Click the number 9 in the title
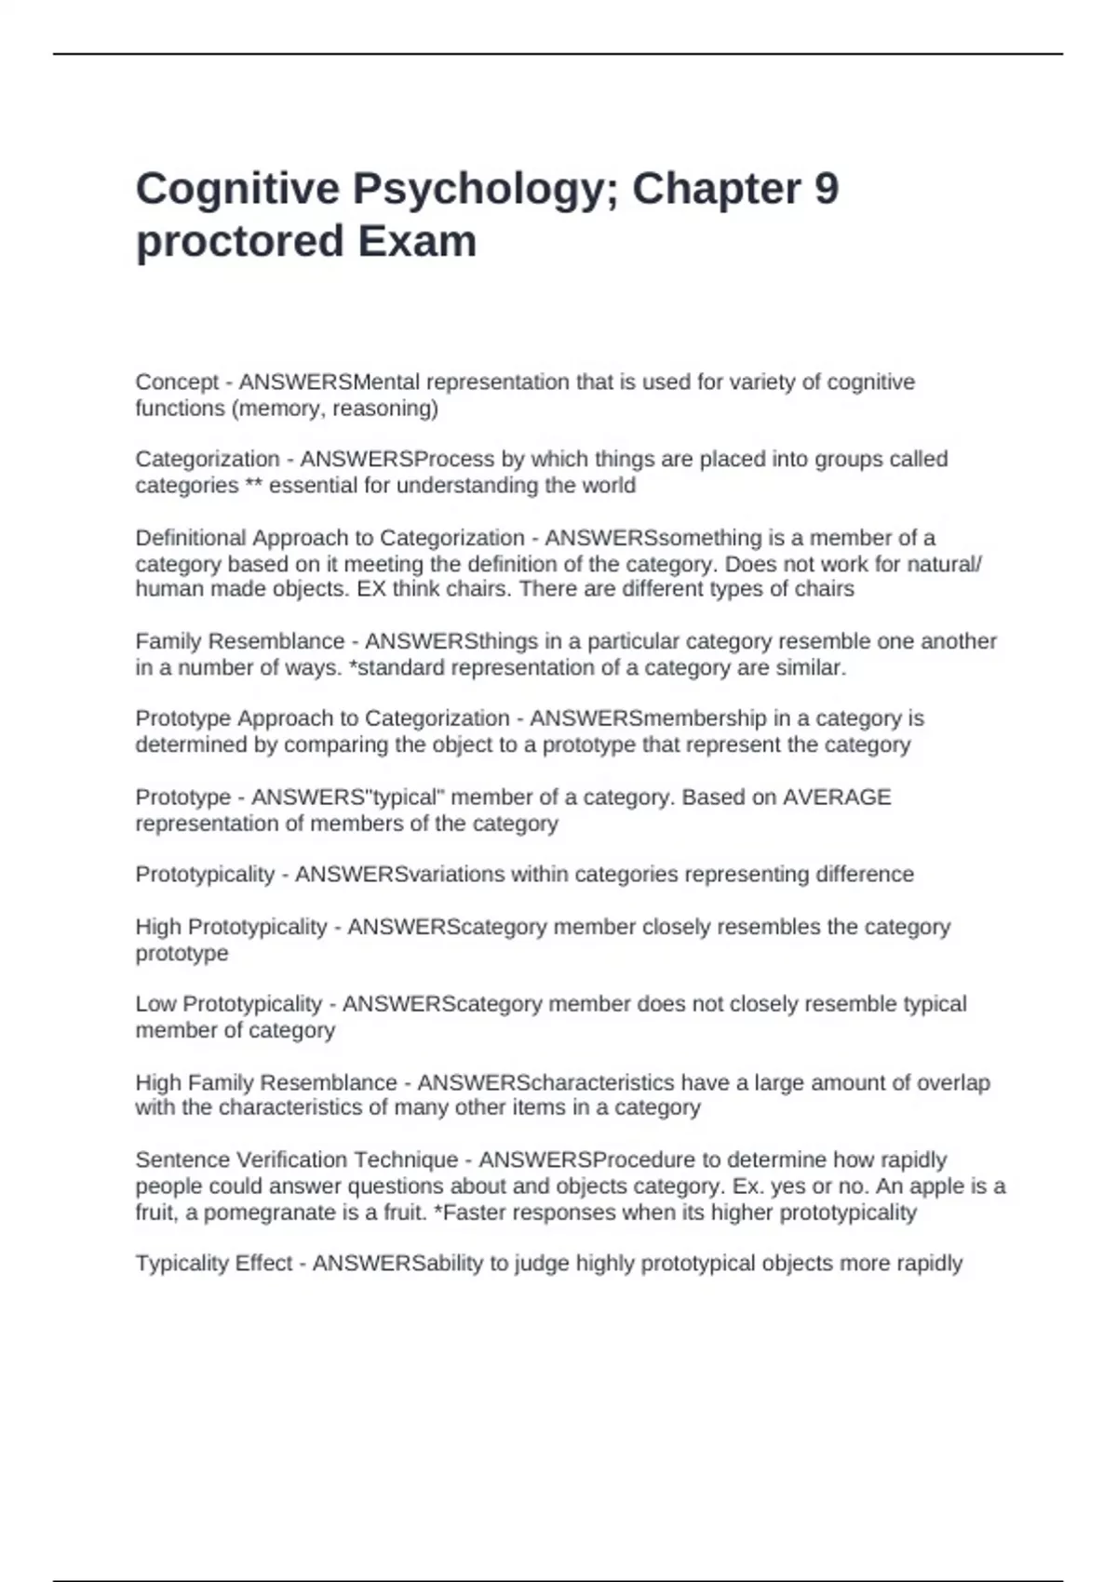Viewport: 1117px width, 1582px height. click(826, 189)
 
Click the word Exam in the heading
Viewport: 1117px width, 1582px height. click(417, 242)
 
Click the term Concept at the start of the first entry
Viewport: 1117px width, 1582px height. click(177, 382)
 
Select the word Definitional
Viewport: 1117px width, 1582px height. click(191, 538)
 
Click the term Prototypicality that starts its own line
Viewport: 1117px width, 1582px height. click(205, 875)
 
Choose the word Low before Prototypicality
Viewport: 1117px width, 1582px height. click(155, 1004)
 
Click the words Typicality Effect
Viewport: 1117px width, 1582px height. click(214, 1264)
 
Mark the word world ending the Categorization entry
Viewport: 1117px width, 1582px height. click(609, 486)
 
